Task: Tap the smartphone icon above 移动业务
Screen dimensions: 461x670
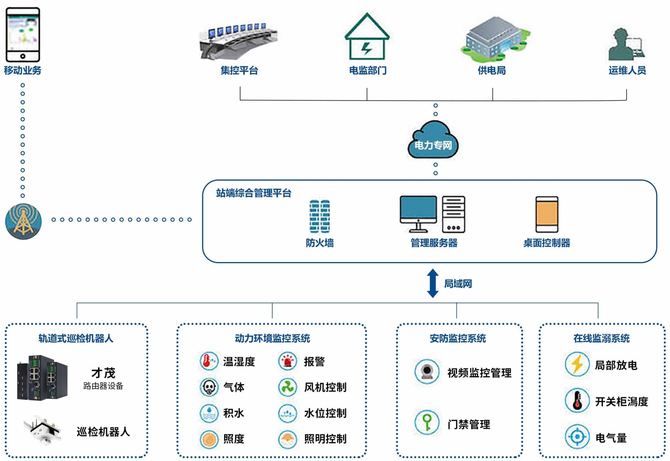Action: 23,35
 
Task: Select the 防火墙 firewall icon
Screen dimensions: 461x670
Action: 320,216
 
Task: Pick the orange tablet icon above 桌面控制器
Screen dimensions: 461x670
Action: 547,215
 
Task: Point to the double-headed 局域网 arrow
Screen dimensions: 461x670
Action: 432,283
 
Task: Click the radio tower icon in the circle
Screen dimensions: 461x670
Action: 23,221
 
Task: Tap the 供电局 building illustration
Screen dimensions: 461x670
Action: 495,39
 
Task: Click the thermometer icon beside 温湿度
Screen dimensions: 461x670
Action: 209,361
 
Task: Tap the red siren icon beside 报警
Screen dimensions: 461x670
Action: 288,361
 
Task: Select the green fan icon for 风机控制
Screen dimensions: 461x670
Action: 288,387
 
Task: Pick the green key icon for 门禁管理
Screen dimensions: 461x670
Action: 427,422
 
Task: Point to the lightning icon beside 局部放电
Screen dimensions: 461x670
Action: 577,364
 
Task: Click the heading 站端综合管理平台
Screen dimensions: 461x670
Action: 253,193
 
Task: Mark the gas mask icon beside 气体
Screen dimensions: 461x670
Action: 209,387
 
